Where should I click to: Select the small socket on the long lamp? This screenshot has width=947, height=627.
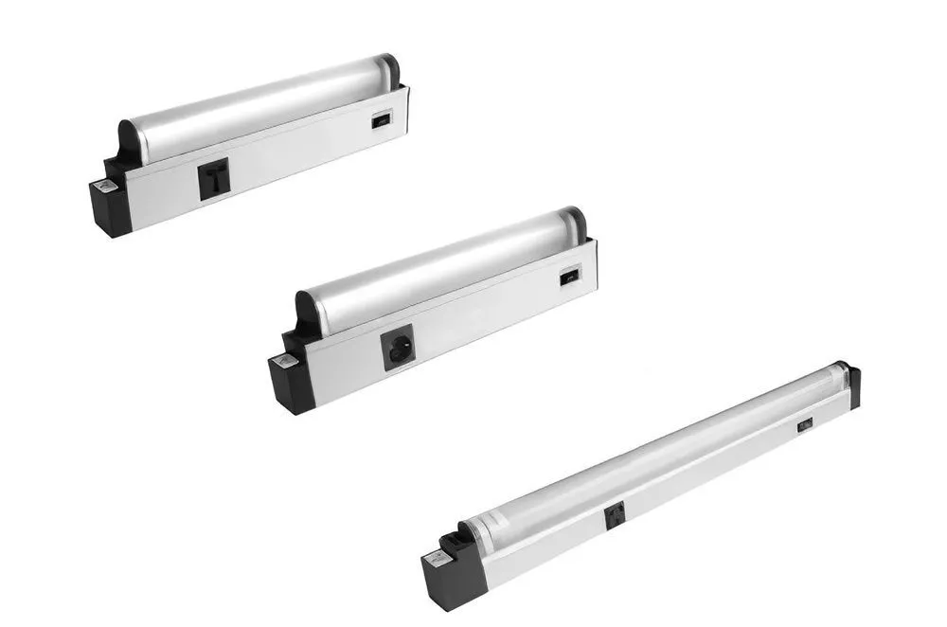[x=614, y=517]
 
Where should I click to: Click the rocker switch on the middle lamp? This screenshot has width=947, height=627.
[x=567, y=278]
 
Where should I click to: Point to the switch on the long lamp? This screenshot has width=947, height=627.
[x=804, y=425]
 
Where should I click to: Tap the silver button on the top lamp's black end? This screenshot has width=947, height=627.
[x=106, y=188]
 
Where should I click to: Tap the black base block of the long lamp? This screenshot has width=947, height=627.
[x=443, y=581]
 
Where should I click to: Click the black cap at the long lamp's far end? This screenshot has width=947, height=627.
[x=852, y=384]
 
